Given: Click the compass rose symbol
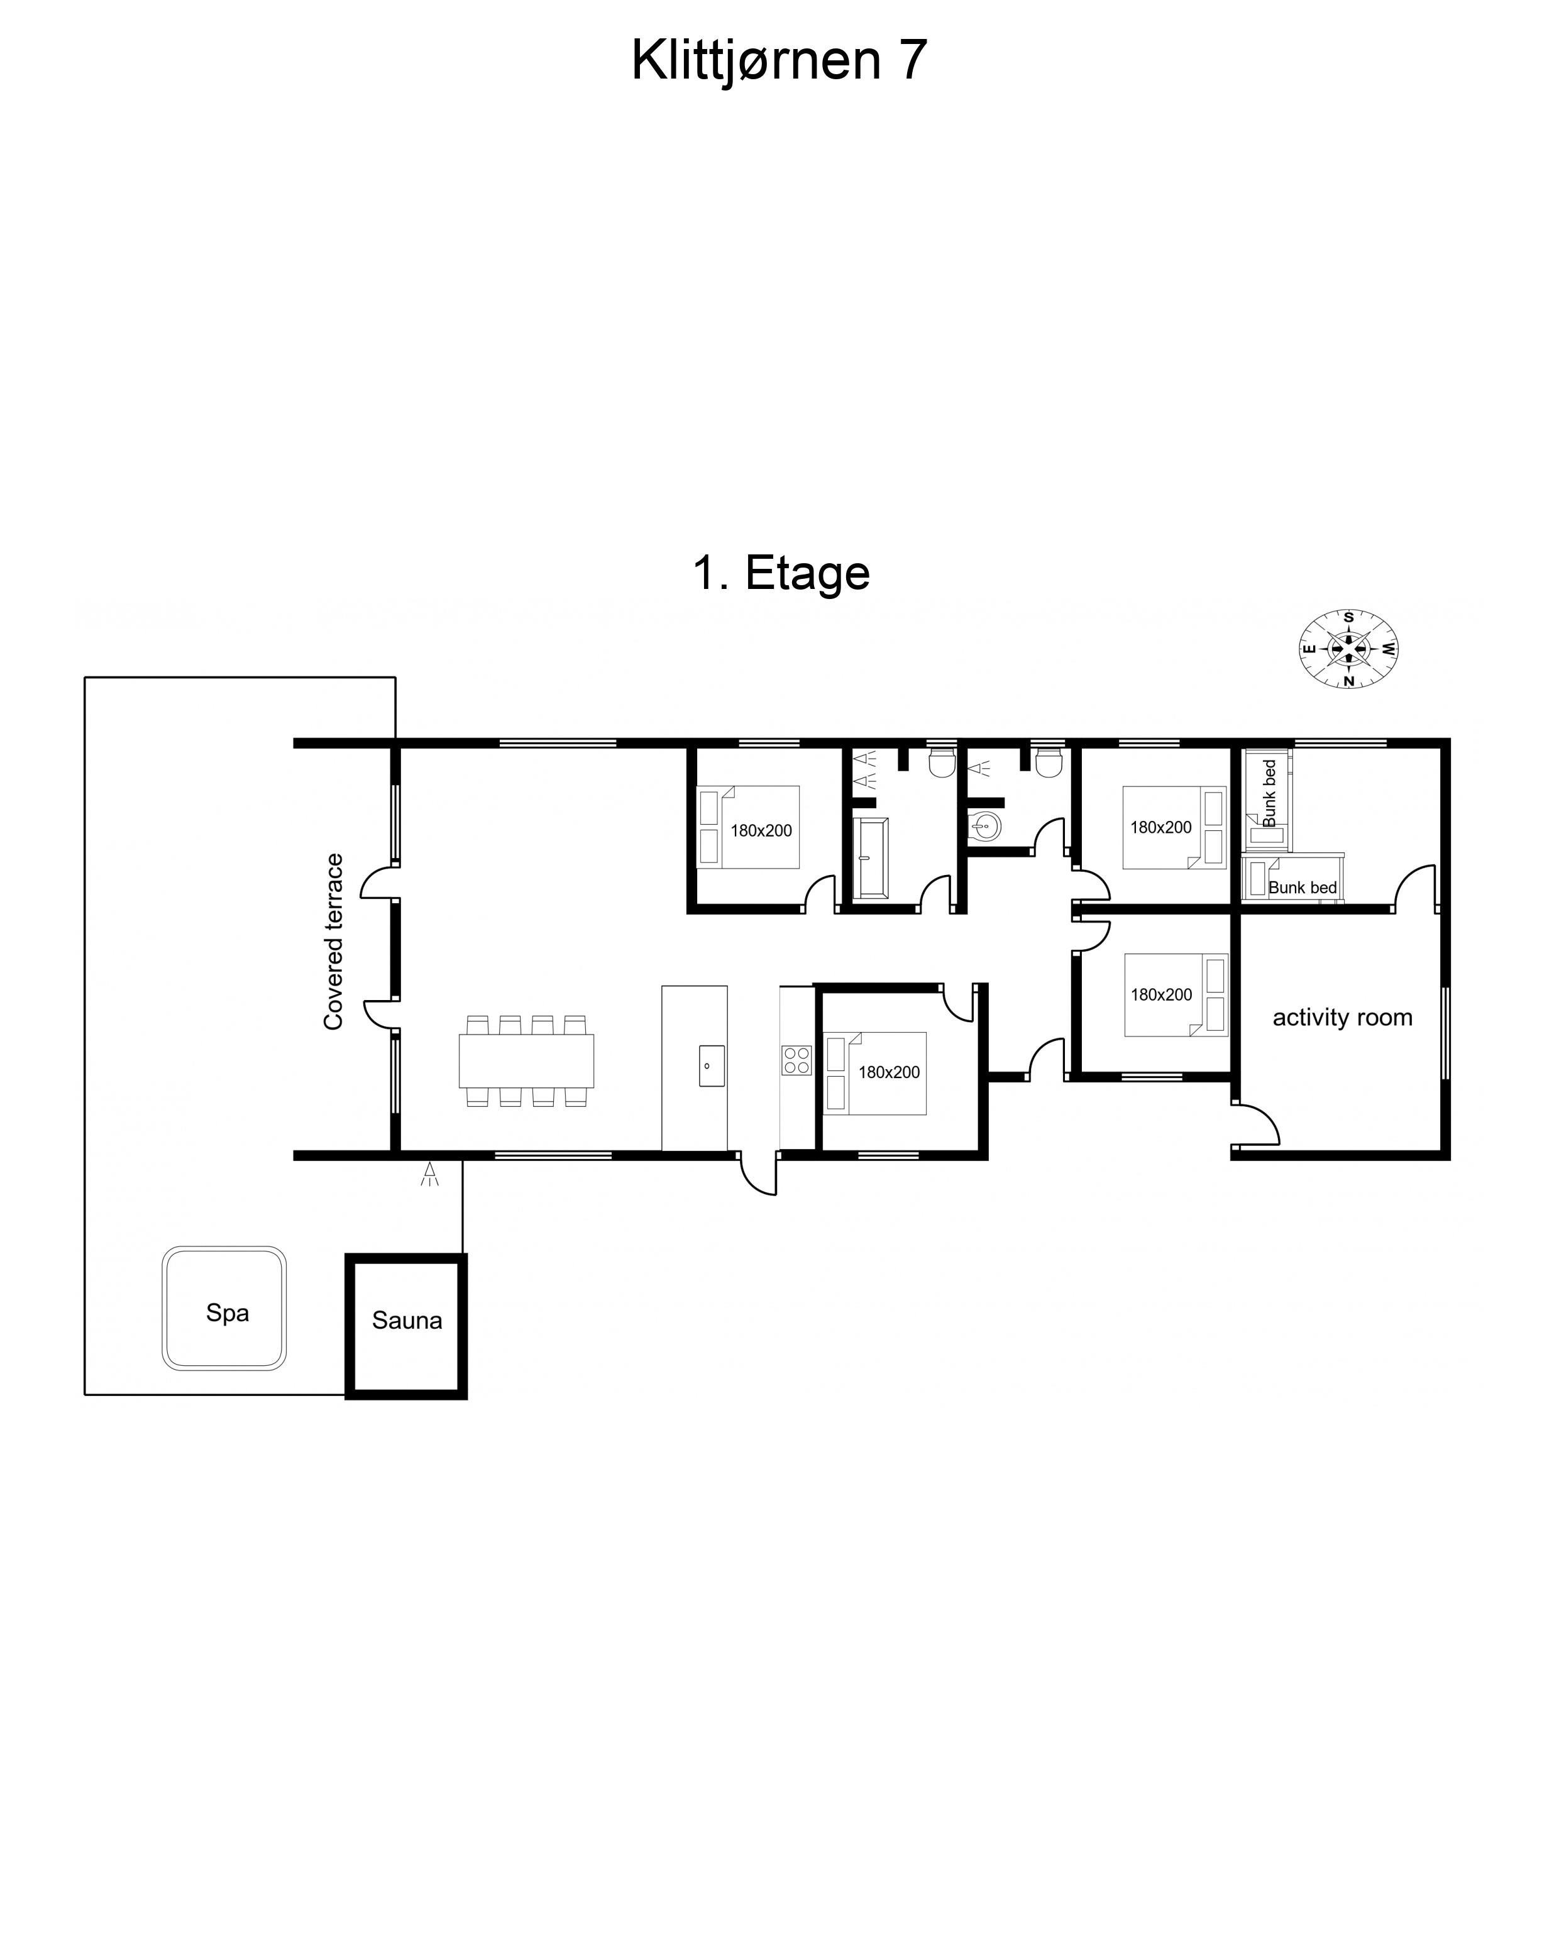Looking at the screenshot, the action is pyautogui.click(x=1348, y=648).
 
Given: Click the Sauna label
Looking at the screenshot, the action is pyautogui.click(x=407, y=1321).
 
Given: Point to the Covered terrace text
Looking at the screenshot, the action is pyautogui.click(x=333, y=941).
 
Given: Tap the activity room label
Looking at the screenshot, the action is pyautogui.click(x=1342, y=1017).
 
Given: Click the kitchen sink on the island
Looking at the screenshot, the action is pyautogui.click(x=712, y=1066).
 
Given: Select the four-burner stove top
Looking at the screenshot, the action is pyautogui.click(x=796, y=1060).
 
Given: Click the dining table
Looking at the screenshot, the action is pyautogui.click(x=527, y=1060).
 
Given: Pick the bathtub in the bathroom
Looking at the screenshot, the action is pyautogui.click(x=871, y=858).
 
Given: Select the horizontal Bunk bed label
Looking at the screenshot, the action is pyautogui.click(x=1303, y=888).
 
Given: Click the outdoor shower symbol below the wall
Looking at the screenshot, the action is pyautogui.click(x=430, y=1174).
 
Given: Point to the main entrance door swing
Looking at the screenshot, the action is pyautogui.click(x=758, y=1175).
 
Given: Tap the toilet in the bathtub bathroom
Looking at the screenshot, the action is pyautogui.click(x=942, y=762).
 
